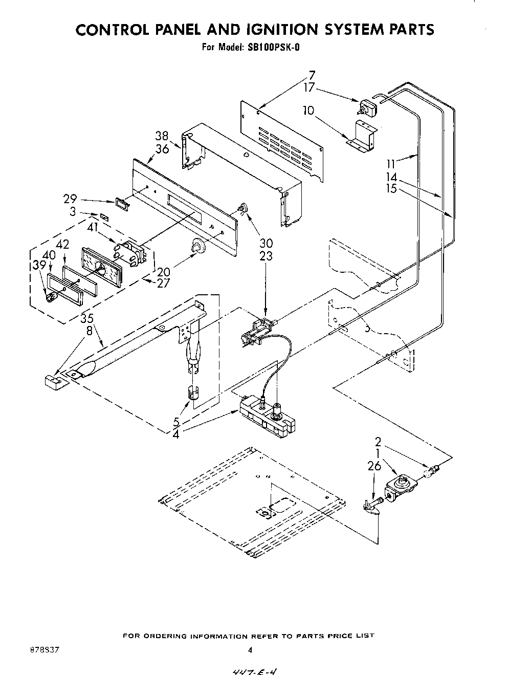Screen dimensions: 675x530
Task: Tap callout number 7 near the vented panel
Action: point(312,76)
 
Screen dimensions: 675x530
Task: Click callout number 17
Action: point(308,87)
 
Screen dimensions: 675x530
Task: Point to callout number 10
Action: point(308,110)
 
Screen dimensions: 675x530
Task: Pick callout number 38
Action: point(162,136)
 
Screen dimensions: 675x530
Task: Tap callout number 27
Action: point(163,282)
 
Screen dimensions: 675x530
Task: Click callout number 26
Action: point(375,466)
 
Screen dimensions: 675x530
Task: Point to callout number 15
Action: point(392,189)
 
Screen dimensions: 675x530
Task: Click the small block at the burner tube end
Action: point(50,381)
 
